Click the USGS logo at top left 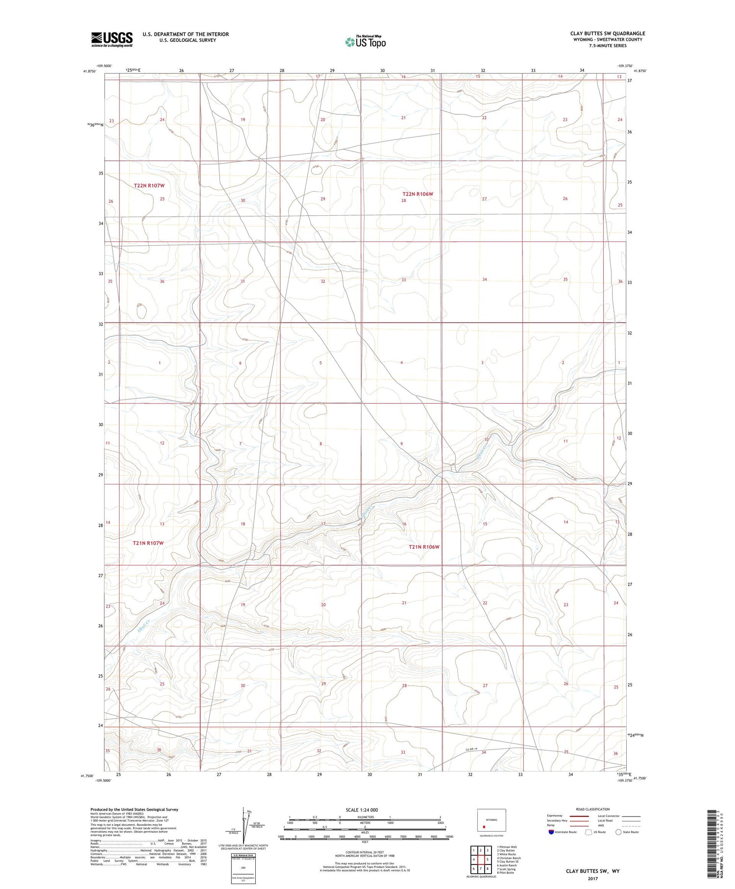112,39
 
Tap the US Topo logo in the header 366,42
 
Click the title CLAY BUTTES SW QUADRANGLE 607,33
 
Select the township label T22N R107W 149,185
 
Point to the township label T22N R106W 417,194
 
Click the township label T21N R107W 148,543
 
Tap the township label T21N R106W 424,547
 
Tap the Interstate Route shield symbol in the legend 551,832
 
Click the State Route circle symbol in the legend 618,832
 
